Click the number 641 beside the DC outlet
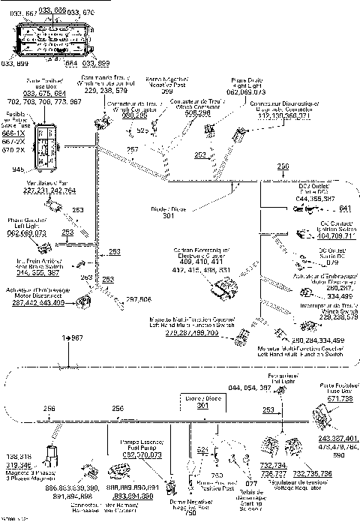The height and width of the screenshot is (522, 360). click(x=346, y=208)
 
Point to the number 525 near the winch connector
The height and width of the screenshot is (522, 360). click(x=142, y=130)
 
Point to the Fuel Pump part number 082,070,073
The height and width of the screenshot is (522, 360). click(x=142, y=454)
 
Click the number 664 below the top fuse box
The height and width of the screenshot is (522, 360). click(x=70, y=63)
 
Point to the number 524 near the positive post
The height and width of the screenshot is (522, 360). click(x=202, y=449)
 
